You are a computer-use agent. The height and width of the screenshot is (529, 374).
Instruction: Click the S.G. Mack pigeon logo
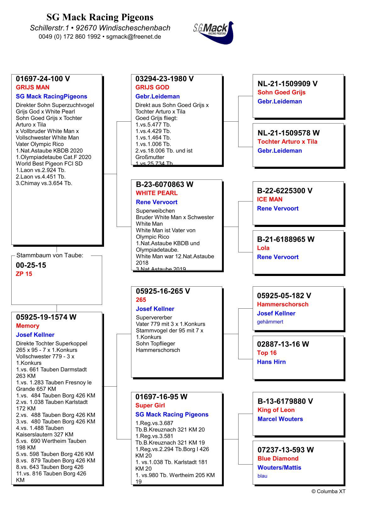pos(214,32)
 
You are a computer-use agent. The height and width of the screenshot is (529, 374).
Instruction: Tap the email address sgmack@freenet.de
pos(134,36)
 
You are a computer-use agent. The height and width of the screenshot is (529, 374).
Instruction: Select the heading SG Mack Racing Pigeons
pos(100,17)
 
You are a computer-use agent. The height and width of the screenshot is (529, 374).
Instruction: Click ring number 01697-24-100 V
pos(43,79)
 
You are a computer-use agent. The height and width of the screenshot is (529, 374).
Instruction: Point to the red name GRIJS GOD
pos(152,87)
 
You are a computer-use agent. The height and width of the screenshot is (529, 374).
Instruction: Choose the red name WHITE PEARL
pos(157,193)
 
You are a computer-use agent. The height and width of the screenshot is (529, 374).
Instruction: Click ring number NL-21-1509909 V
pos(288,84)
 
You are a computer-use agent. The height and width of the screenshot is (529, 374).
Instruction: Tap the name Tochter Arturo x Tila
pos(288,141)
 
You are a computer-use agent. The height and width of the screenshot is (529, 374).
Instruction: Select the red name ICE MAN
pos(270,199)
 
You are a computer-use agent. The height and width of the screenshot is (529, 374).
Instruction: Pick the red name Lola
pos(263,248)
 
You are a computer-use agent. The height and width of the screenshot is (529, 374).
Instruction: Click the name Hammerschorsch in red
pos(283,304)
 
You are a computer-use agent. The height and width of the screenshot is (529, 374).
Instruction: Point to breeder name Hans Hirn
pos(271,362)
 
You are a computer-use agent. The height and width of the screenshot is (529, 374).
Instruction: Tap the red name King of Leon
pos(276,410)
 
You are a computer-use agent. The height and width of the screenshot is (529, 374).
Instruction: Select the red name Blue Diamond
pos(278,459)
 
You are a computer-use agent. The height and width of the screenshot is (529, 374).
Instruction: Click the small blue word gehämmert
pos(270,322)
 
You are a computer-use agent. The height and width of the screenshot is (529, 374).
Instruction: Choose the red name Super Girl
pos(150,405)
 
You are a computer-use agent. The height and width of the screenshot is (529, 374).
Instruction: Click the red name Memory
pos(28,326)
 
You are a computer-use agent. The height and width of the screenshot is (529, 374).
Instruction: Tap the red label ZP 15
pos(24,274)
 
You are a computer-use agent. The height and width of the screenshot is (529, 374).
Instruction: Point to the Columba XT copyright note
pos(328,491)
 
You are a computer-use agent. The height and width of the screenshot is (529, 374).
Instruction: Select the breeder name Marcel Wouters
pos(280,419)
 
